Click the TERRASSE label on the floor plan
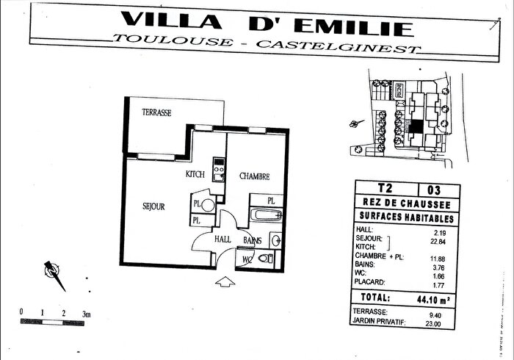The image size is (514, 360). [156, 112]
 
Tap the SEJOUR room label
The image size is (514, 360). [154, 206]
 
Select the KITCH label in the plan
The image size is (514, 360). [195, 175]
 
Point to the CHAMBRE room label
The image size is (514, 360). [255, 176]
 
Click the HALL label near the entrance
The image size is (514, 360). [223, 240]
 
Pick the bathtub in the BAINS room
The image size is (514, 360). [265, 216]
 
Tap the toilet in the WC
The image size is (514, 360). [265, 258]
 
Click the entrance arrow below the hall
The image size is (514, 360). [224, 281]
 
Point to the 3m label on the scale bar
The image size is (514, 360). [86, 314]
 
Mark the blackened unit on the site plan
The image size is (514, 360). [415, 126]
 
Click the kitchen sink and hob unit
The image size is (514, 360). [217, 170]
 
